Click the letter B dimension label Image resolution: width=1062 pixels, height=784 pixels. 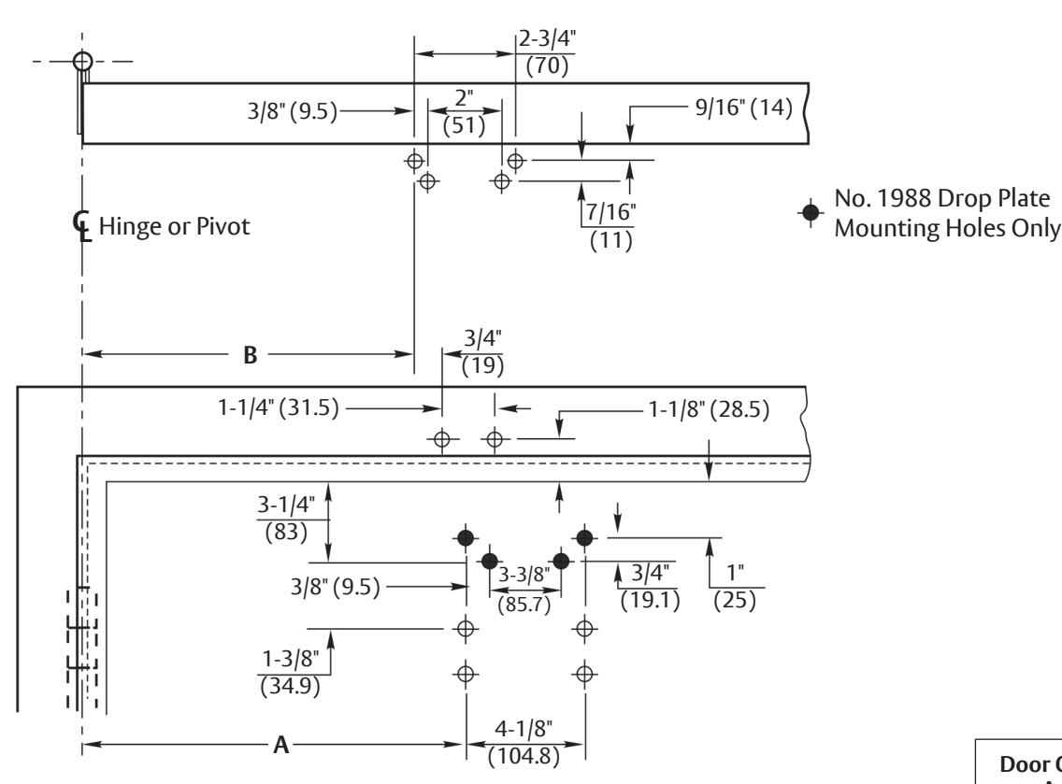pos(250,355)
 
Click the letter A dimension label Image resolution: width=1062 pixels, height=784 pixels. pos(281,746)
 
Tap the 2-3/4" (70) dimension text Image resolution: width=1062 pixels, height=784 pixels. pos(547,52)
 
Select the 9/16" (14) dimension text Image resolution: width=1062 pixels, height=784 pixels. pos(743,107)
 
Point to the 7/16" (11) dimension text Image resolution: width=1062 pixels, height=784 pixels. pos(610,226)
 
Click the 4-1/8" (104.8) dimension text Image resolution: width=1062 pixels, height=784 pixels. pos(524,743)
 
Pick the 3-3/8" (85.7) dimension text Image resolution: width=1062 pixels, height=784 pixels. pos(524,589)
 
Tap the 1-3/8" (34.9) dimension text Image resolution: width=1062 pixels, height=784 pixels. pos(290,672)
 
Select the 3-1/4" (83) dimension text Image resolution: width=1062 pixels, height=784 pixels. pos(286,518)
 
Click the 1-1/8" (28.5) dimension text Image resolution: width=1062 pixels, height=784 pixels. pos(710,409)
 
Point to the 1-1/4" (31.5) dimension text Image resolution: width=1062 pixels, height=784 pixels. pos(279,407)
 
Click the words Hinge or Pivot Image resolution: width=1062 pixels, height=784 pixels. pos(174,226)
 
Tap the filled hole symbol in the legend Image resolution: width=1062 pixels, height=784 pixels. pos(810,213)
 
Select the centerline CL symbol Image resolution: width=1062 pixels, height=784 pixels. pos(81,225)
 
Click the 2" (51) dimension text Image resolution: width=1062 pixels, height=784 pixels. pos(464,112)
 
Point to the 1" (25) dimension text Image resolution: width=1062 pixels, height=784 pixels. pos(735,586)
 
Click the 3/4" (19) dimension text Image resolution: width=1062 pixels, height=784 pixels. pos(483,352)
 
